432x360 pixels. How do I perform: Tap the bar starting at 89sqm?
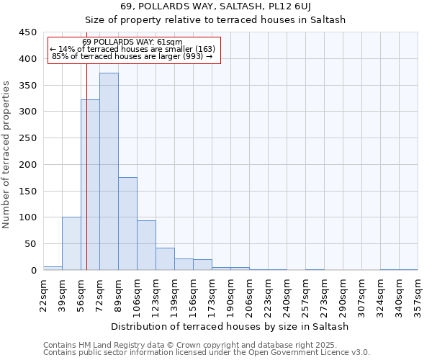127,224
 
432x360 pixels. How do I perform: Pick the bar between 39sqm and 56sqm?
71,243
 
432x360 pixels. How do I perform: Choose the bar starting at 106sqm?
146,246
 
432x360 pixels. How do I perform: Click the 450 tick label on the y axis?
27,32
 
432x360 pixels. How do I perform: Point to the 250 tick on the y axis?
27,138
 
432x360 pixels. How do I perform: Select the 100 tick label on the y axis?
27,217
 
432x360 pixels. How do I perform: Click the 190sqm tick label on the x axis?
231,294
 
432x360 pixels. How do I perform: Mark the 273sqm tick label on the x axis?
325,294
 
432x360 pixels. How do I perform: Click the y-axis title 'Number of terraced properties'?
7,154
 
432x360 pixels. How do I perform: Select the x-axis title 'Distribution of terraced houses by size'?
230,326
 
